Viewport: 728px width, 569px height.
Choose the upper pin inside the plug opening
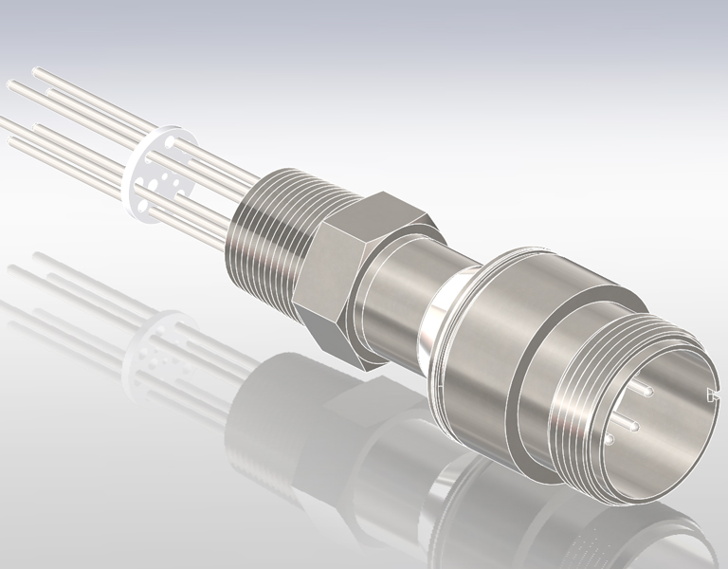tap(646, 387)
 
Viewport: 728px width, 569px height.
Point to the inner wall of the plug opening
tap(678, 446)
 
